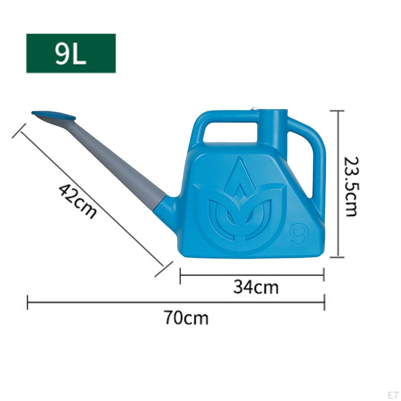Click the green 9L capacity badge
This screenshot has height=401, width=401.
[71, 53]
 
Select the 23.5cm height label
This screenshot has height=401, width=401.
[351, 186]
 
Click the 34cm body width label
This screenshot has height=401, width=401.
[256, 287]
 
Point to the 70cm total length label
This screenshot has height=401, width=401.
[186, 318]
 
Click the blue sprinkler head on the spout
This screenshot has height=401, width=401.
[53, 117]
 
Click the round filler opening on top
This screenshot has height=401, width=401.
[272, 111]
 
